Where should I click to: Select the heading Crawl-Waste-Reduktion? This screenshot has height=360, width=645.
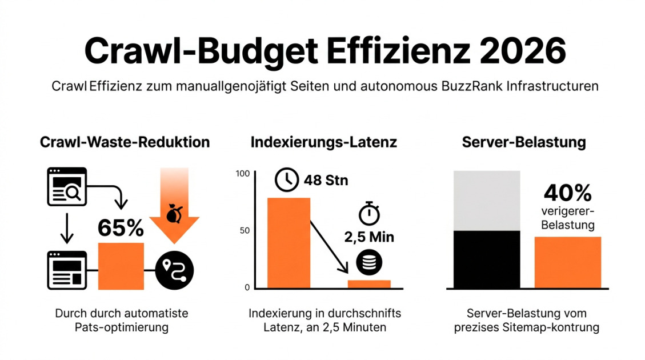[125, 142]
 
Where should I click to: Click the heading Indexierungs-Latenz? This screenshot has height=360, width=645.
[323, 142]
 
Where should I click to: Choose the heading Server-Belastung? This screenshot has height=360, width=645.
[523, 142]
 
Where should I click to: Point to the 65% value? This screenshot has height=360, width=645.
[121, 228]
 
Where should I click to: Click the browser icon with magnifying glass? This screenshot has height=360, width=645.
[66, 186]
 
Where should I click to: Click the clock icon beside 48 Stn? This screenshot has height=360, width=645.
[287, 180]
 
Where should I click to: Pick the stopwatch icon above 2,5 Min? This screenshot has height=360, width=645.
[368, 213]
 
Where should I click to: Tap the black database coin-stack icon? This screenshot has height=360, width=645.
[368, 262]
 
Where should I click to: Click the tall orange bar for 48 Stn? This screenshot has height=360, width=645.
[289, 242]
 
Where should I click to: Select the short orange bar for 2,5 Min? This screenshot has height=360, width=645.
[369, 284]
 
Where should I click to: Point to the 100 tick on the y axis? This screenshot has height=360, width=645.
[243, 174]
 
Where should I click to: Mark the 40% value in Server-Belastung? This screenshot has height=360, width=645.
[567, 193]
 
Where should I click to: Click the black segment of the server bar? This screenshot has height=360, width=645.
[487, 259]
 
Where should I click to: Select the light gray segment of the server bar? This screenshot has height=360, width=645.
[487, 200]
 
